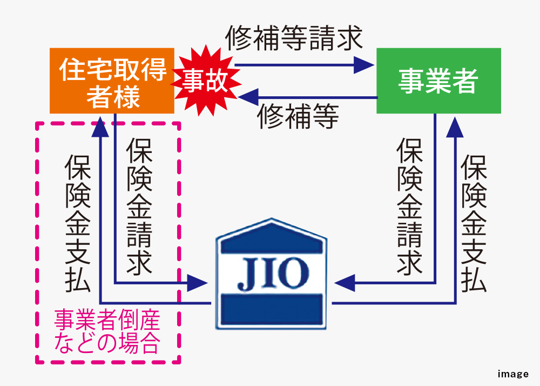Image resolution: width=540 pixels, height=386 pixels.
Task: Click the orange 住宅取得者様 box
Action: pyautogui.click(x=112, y=81)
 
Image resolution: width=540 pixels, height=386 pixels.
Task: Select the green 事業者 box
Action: pyautogui.click(x=438, y=81)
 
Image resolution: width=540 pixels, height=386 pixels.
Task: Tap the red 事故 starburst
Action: pyautogui.click(x=204, y=82)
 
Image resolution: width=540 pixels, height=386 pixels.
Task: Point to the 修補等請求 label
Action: pyautogui.click(x=294, y=39)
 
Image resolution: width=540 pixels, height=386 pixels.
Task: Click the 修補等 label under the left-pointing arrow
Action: pyautogui.click(x=298, y=116)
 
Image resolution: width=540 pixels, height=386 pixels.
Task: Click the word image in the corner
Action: pyautogui.click(x=513, y=374)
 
